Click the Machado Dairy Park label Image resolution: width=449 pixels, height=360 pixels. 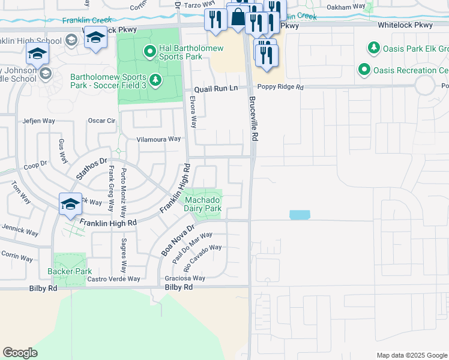pyautogui.click(x=203, y=204)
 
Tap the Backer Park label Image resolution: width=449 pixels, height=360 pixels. pyautogui.click(x=70, y=271)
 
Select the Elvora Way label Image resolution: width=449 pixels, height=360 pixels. pyautogui.click(x=193, y=112)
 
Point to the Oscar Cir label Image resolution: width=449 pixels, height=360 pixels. pyautogui.click(x=101, y=121)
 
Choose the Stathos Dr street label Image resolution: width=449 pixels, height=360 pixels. pyautogui.click(x=91, y=168)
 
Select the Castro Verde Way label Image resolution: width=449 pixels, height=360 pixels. pyautogui.click(x=113, y=279)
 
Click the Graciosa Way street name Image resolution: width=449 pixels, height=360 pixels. pyautogui.click(x=185, y=278)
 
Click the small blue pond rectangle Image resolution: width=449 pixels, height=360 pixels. pyautogui.click(x=300, y=215)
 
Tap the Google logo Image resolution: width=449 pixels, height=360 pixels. pyautogui.click(x=20, y=353)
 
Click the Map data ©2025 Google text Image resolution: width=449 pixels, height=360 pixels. pyautogui.click(x=412, y=355)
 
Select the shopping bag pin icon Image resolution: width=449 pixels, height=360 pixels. pyautogui.click(x=238, y=18)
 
